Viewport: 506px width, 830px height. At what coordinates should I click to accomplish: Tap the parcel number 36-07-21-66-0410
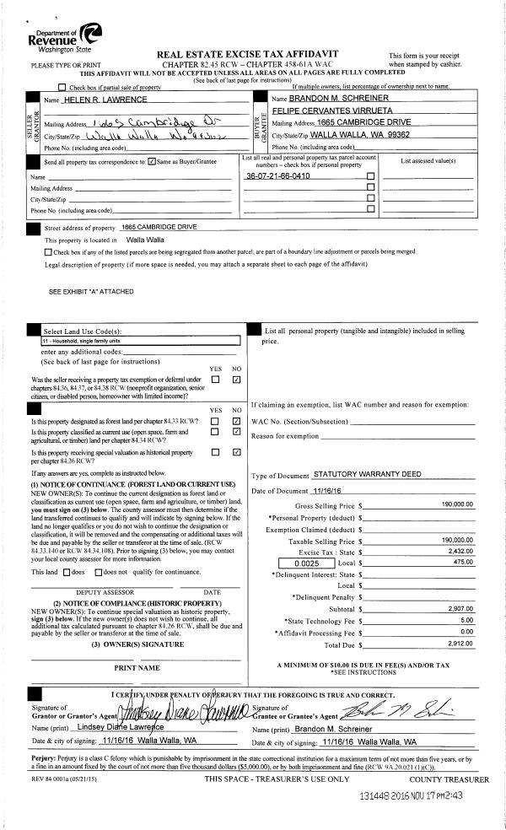(277, 176)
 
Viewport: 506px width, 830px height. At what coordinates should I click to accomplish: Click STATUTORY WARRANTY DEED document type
(367, 475)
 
